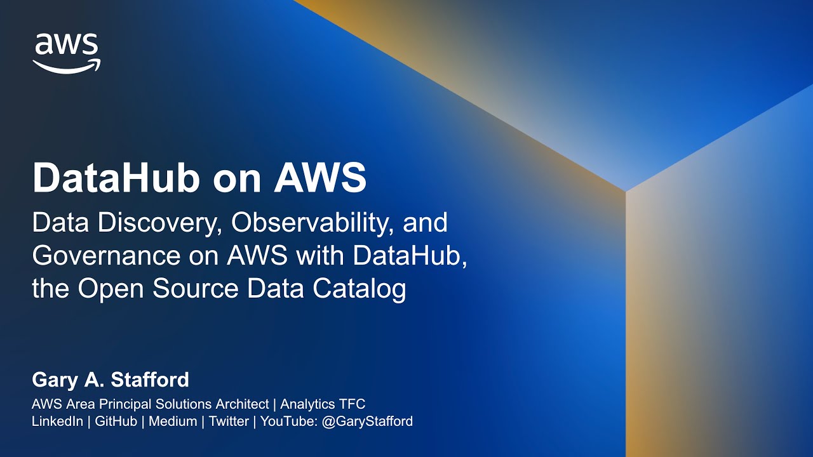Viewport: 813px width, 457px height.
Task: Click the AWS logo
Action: click(67, 53)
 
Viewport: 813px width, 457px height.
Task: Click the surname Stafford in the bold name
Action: click(150, 380)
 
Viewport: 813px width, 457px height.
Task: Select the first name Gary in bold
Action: click(54, 380)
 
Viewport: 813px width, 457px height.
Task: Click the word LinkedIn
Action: click(57, 421)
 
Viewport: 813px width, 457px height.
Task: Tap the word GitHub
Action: click(116, 421)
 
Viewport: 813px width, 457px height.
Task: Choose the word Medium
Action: click(173, 421)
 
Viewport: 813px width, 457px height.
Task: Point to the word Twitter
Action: click(229, 421)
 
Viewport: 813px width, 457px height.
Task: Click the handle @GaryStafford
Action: click(368, 421)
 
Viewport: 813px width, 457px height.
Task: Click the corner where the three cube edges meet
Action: click(626, 190)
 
